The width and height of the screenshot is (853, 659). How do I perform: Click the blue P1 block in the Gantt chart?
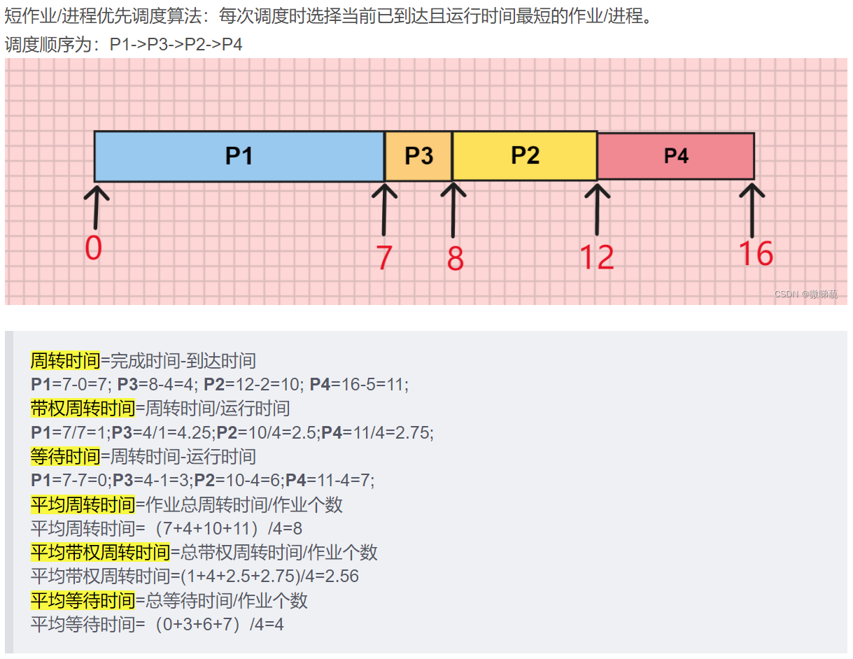239,156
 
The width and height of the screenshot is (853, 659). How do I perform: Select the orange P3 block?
418,156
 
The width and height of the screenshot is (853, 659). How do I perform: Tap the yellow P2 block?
525,155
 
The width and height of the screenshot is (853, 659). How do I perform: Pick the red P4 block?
676,156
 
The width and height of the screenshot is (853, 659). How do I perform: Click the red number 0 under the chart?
94,248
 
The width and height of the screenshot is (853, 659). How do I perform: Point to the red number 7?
384,258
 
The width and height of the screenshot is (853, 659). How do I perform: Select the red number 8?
456,260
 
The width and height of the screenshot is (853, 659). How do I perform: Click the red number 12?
596,257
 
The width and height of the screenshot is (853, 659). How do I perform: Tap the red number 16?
756,254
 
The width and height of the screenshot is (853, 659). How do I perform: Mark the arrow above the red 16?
752,209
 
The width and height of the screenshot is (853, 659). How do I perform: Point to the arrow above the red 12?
597,208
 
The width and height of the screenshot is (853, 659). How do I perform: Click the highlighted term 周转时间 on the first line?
66,361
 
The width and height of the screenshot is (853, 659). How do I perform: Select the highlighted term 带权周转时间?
83,409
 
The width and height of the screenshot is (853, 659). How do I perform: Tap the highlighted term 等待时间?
66,457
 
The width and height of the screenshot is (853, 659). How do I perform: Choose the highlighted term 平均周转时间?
83,504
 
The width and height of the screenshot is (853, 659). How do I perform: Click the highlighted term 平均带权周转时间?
101,553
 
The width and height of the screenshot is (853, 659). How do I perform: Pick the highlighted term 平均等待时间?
83,600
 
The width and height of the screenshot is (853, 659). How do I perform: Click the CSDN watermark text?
805,295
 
